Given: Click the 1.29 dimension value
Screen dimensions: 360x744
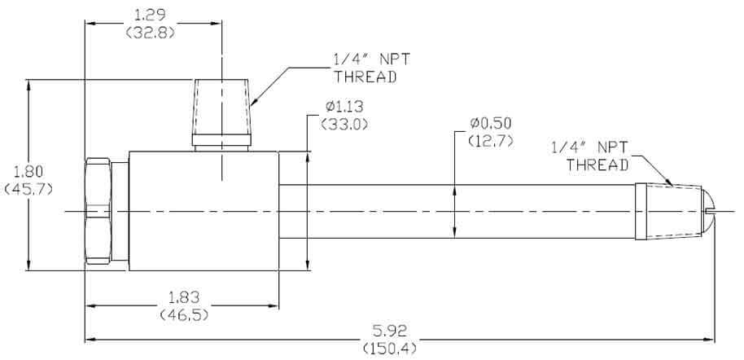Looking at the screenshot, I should click(153, 14).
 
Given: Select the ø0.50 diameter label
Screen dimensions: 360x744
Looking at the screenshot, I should click(492, 123).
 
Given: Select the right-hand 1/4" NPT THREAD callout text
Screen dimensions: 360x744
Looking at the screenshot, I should click(590, 156).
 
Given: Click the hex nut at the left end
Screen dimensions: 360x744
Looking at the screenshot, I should click(98, 210).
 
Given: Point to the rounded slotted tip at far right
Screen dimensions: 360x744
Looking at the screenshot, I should click(709, 211).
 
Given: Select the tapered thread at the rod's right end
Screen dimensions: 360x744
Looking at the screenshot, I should click(667, 212).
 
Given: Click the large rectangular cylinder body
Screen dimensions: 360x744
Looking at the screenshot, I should click(204, 211).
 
